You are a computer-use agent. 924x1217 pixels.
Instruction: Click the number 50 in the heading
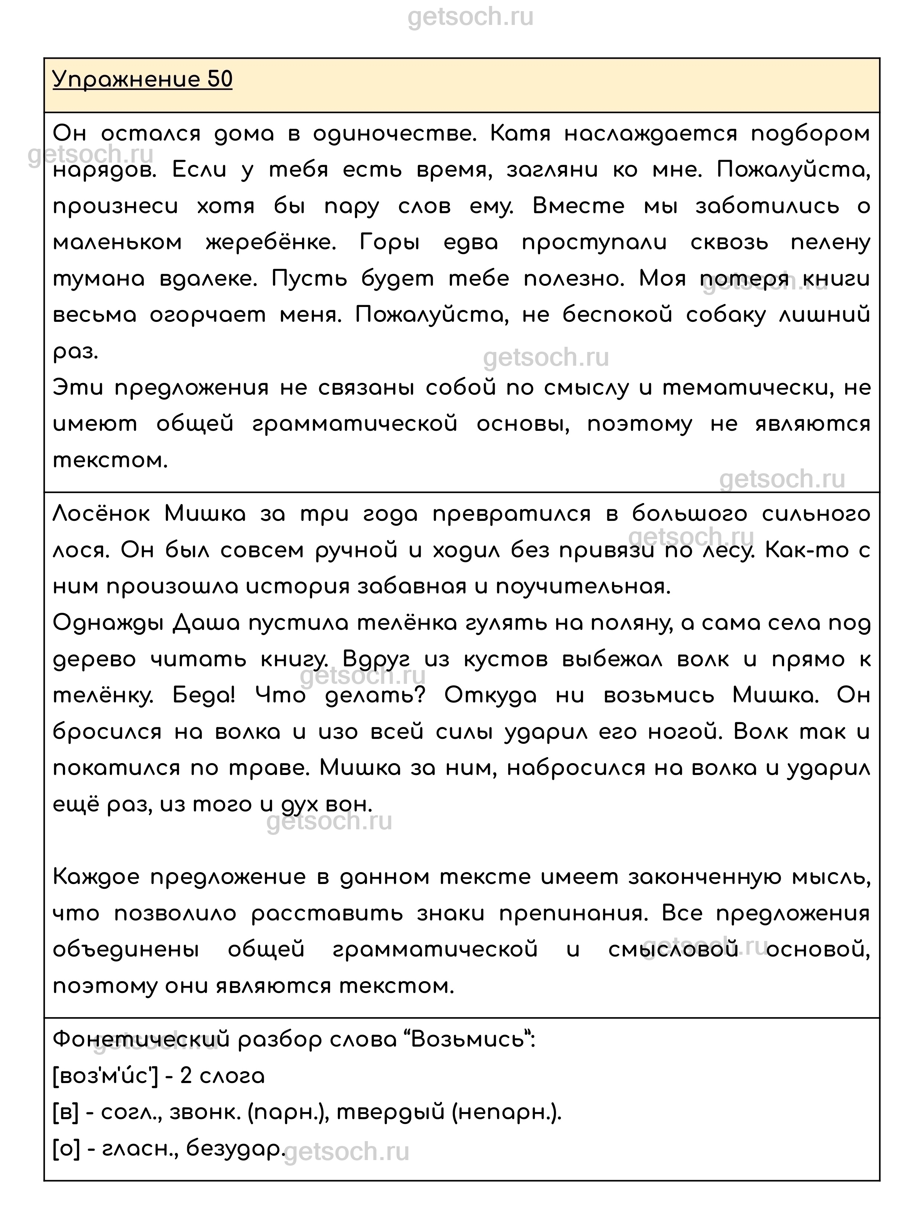click(220, 80)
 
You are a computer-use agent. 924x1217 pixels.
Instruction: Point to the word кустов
click(506, 660)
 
